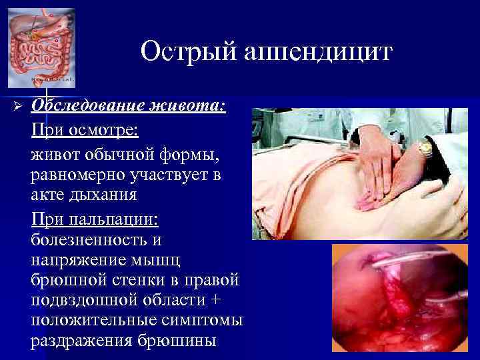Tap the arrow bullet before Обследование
click(9, 108)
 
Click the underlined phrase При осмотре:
click(84, 130)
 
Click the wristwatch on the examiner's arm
click(425, 150)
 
